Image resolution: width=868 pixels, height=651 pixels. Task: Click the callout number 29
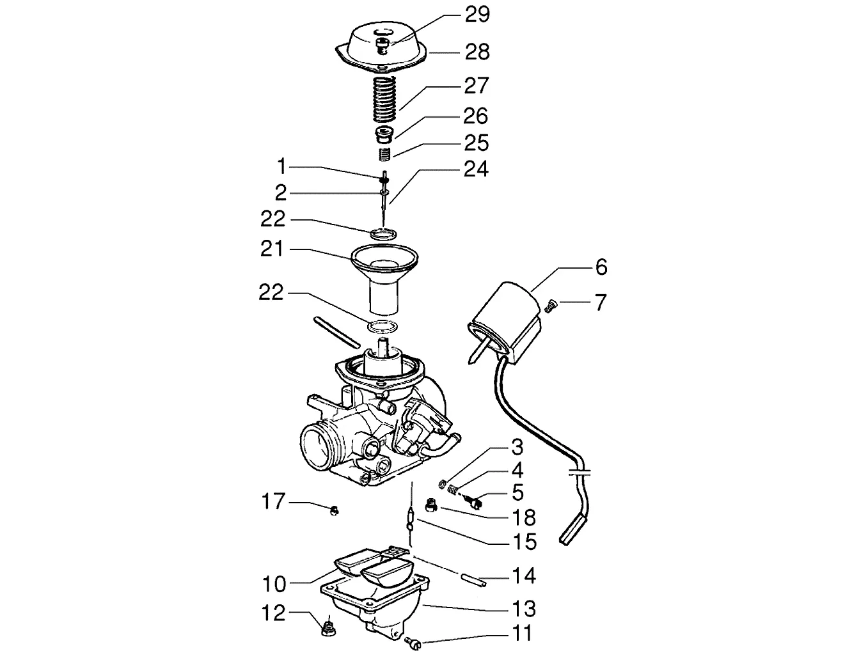coord(477,15)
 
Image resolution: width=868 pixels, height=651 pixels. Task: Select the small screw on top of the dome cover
coord(382,46)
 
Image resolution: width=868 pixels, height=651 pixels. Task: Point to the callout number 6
coord(601,267)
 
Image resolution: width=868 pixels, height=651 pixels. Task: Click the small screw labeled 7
coord(551,306)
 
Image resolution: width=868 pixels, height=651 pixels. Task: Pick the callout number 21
coord(272,249)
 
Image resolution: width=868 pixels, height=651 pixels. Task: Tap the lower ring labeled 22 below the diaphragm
coord(383,326)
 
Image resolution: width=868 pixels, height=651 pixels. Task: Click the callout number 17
coord(274,501)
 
